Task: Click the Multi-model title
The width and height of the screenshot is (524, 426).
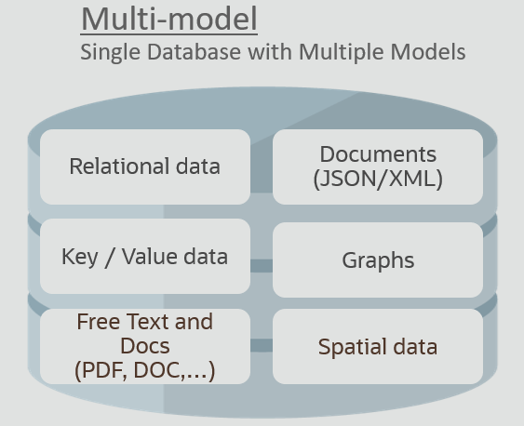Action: (x=169, y=19)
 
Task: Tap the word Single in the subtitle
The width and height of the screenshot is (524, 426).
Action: (x=110, y=52)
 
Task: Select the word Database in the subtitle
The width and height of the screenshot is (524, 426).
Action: (x=195, y=52)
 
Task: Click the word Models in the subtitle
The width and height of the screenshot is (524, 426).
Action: (x=428, y=52)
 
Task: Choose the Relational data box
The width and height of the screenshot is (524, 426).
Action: (x=145, y=166)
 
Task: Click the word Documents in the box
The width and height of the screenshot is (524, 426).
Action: (x=378, y=154)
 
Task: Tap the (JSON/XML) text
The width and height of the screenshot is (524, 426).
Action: (x=378, y=179)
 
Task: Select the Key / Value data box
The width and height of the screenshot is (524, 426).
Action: (x=145, y=257)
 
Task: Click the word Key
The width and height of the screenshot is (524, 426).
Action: (x=79, y=257)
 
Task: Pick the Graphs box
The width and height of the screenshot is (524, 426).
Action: (x=378, y=260)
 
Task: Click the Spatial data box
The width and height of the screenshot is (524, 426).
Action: (x=378, y=346)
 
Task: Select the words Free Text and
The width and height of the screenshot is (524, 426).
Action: (x=144, y=322)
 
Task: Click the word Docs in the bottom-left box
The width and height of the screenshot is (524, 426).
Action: (x=144, y=346)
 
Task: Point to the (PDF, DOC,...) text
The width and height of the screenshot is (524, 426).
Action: (x=144, y=370)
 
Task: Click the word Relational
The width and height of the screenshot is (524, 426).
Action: (x=119, y=166)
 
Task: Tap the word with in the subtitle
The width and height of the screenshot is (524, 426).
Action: (x=270, y=52)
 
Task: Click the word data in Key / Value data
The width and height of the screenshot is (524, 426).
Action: (x=206, y=257)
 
